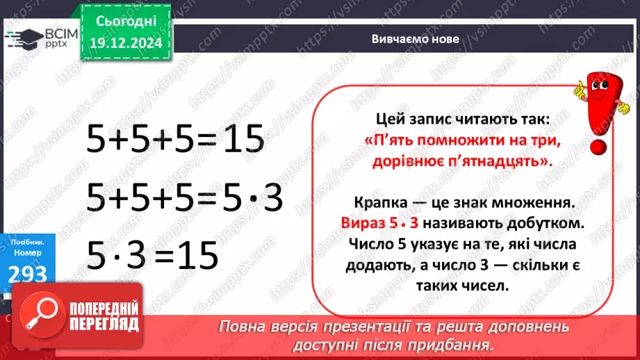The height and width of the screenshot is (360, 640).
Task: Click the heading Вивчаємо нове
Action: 415,39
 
